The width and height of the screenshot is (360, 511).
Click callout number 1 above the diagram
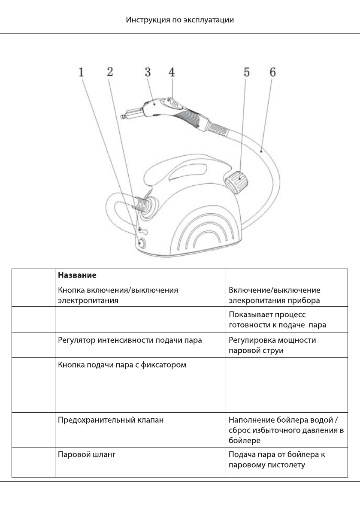(x=81, y=72)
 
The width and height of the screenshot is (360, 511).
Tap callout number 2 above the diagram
(x=110, y=72)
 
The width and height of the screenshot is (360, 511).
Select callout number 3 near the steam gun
(x=147, y=72)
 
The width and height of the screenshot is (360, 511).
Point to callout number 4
(x=171, y=72)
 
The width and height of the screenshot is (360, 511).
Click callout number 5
(x=246, y=72)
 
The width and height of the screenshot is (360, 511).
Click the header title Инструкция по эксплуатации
(x=180, y=20)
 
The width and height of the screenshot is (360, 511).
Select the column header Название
(x=77, y=275)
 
